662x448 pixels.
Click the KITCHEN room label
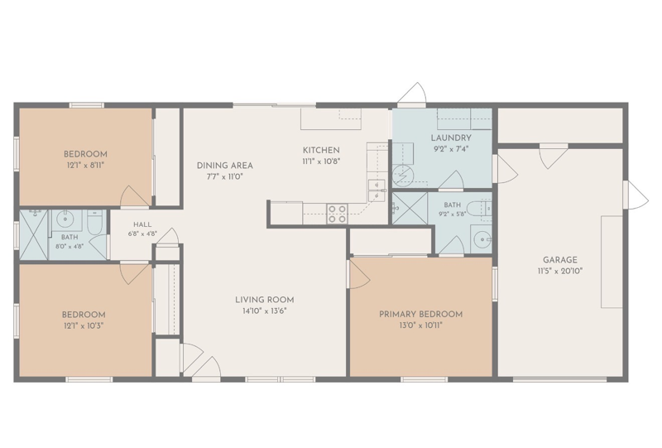coord(321,150)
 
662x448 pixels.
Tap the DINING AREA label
coord(224,166)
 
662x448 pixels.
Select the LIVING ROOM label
coord(264,300)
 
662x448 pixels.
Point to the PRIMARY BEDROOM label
coord(420,315)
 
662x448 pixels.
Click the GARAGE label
coord(560,260)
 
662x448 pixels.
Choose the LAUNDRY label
coord(451,137)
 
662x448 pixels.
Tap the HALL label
coord(142,225)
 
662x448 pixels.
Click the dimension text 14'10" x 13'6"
coord(264,311)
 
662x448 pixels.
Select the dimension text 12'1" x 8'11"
coord(85,166)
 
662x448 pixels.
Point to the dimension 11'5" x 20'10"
coord(560,272)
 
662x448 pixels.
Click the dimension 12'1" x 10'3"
coord(84,326)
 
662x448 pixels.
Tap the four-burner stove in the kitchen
coord(338,214)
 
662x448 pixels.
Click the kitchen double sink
coord(377,191)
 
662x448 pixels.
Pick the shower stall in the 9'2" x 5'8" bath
coord(410,209)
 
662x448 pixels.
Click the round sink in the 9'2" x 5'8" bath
coord(482,240)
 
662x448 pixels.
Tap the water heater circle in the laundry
coord(401,174)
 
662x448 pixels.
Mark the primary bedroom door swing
coord(360,274)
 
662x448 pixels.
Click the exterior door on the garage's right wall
coord(636,195)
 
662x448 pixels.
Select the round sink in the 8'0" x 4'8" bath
coord(65,219)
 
